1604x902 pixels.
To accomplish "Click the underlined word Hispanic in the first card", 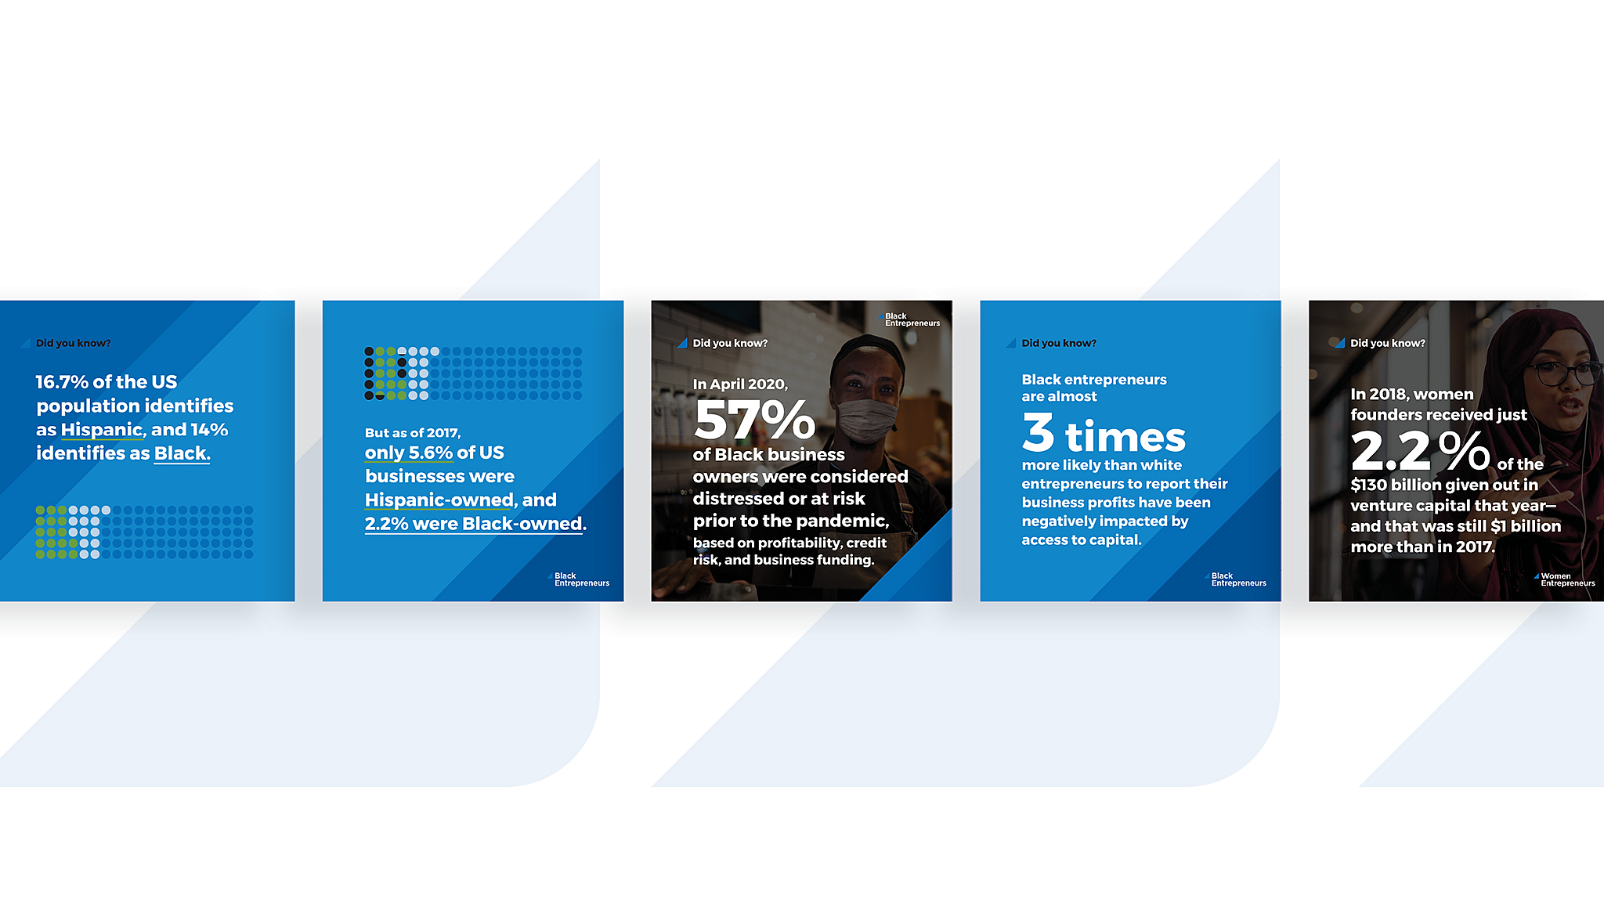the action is tap(102, 430).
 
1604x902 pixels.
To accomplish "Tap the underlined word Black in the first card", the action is tap(181, 453).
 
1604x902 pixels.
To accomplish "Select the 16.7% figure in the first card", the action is tap(62, 382).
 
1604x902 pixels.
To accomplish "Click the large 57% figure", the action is tap(754, 420).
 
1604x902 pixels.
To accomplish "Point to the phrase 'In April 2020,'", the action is tap(740, 384).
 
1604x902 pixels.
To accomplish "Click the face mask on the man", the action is tap(867, 419).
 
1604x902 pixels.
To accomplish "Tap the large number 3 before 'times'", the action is tap(1039, 432).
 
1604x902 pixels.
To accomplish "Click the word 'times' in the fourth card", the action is tap(1125, 437).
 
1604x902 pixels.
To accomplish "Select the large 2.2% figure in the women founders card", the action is tap(1420, 451).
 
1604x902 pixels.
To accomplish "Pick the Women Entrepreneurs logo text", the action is tap(1565, 579).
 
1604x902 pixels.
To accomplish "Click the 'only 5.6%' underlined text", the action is tap(409, 453).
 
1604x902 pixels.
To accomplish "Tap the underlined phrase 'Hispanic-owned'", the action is tap(439, 500).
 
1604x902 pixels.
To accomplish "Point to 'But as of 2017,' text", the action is tap(413, 433).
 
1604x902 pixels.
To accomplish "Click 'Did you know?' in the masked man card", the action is tap(730, 343).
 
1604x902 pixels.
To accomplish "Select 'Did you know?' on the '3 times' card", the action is tap(1059, 343).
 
